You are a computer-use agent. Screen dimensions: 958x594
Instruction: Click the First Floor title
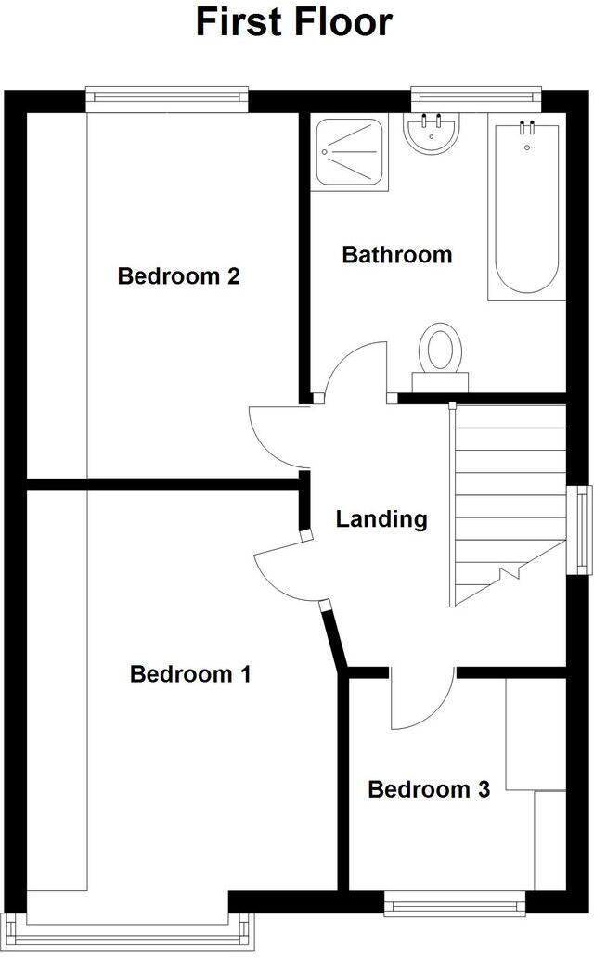[x=294, y=22]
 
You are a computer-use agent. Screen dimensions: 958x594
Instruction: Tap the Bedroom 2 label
[x=179, y=275]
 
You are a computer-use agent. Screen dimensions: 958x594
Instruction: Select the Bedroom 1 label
[x=190, y=673]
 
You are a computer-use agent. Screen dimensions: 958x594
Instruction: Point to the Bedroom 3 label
[x=429, y=789]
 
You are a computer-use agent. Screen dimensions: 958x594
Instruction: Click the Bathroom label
[x=397, y=254]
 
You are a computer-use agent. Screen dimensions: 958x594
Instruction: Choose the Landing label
[x=381, y=518]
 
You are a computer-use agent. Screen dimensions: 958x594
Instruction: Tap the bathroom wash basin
[x=431, y=134]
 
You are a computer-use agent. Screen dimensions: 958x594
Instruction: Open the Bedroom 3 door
[x=420, y=700]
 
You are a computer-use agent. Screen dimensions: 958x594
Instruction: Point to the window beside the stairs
[x=582, y=527]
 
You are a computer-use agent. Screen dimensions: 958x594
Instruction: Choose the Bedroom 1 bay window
[x=127, y=930]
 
